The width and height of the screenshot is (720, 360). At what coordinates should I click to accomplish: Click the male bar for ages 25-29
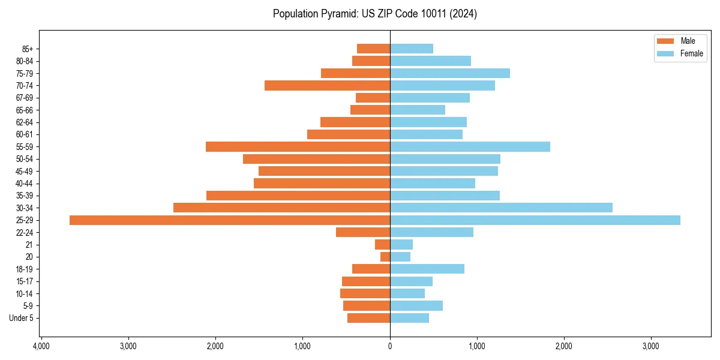click(x=230, y=220)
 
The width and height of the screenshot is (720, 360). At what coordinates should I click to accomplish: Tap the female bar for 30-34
click(x=501, y=208)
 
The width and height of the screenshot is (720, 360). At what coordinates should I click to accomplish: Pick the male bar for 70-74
click(x=327, y=86)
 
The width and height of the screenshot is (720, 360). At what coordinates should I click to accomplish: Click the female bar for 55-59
click(x=470, y=147)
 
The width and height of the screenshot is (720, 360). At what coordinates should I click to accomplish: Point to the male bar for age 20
click(x=385, y=257)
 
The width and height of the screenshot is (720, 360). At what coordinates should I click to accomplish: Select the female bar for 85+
click(x=412, y=49)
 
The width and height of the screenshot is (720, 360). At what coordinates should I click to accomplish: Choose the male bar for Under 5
click(x=368, y=318)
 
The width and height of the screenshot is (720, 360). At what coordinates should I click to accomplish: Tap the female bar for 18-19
click(x=427, y=269)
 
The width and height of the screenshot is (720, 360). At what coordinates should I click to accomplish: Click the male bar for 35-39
click(x=298, y=196)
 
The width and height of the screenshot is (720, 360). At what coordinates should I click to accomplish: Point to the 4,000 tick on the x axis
click(x=41, y=346)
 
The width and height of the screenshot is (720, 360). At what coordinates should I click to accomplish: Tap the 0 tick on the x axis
click(x=390, y=346)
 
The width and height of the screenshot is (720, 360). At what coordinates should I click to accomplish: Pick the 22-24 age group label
click(x=25, y=233)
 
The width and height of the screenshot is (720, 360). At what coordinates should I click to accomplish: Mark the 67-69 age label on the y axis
click(x=25, y=98)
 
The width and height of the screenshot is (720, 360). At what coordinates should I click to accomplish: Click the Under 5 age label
click(x=21, y=318)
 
